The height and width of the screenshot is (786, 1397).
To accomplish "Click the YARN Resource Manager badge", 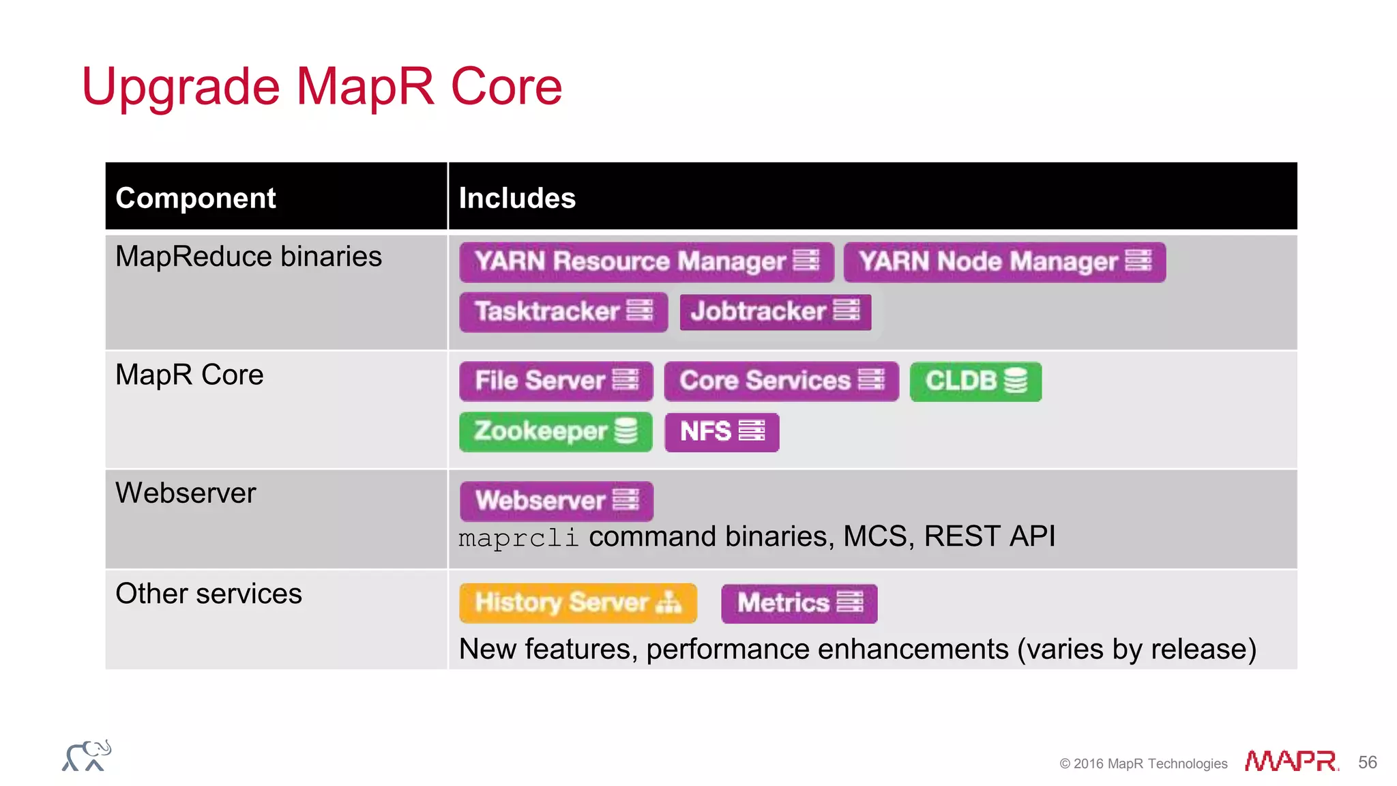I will coord(646,262).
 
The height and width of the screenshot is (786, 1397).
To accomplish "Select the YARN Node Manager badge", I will coord(1004,262).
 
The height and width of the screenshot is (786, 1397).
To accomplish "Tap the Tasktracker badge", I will coord(563,312).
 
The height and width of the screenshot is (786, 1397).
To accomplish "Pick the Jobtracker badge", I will coord(775,312).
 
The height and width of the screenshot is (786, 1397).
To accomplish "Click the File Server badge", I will coord(556,381).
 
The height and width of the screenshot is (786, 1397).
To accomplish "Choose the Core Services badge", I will coord(781,381).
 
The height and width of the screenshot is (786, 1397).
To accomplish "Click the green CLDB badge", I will coord(975,381).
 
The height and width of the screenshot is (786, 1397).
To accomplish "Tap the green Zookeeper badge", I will coord(555,431).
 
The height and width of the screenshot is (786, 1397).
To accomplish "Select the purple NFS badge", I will coord(721,432).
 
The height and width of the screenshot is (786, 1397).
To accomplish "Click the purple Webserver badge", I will coord(556,501).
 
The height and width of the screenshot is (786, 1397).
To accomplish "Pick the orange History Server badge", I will coord(578,602).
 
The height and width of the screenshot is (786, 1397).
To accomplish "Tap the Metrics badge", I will coord(799,603).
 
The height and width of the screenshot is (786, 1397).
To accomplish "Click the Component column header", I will coord(196,198).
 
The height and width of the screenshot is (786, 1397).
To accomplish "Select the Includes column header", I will coord(517,198).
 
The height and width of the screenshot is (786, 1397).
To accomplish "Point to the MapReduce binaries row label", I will coord(248,257).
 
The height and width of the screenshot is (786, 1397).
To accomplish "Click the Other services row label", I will coord(209,594).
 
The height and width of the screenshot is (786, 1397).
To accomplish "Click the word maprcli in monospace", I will coord(518,538).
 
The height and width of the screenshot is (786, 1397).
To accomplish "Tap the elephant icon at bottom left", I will coord(87,756).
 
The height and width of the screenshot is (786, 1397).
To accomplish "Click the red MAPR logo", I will coord(1291,761).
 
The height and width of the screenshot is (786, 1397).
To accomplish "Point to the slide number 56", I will coord(1367,762).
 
